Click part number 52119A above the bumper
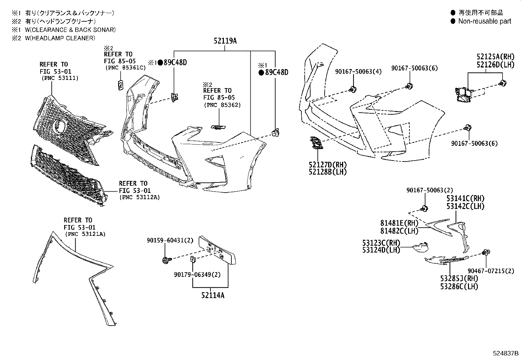[x=225, y=41]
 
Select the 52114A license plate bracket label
[x=213, y=295]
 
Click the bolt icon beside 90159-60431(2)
[x=166, y=260]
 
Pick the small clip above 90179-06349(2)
[x=193, y=259]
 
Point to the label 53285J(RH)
[x=459, y=278]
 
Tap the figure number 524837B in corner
[x=506, y=353]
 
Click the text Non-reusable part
[x=484, y=21]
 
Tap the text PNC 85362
[x=222, y=105]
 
